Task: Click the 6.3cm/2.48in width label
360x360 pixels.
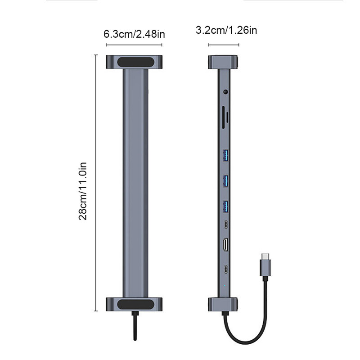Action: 134,34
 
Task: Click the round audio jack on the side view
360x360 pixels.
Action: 225,93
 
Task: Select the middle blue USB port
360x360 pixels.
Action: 225,181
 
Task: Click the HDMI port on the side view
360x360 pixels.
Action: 225,245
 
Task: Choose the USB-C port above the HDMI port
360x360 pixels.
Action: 225,224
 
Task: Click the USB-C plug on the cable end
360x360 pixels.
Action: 265,265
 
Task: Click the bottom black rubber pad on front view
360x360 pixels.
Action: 134,304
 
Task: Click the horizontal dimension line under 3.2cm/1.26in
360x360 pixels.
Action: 224,45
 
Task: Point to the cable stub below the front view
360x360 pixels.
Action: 134,326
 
